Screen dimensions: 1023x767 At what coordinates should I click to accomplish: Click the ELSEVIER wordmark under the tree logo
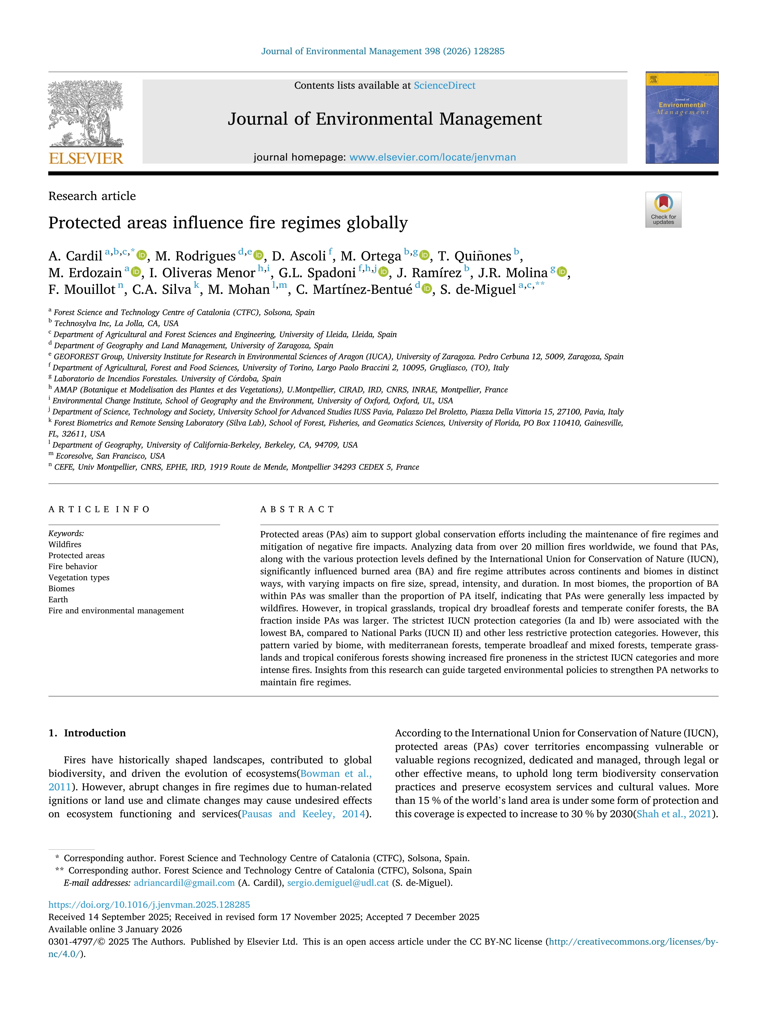coord(86,159)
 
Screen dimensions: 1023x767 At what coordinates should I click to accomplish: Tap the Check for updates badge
coord(663,209)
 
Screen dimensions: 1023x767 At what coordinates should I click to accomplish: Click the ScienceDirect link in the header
coord(444,86)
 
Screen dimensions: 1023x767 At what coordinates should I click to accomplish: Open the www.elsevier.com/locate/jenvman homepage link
coord(432,157)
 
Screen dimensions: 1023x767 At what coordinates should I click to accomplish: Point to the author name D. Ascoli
coord(299,256)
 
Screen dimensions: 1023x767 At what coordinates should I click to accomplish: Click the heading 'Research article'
coord(92,196)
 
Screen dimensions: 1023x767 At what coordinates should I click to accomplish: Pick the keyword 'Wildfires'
coord(65,544)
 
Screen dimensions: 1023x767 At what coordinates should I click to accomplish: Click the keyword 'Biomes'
coord(62,588)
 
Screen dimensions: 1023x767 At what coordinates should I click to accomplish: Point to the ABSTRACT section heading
coord(297,509)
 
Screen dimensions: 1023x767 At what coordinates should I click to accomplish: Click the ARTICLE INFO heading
coord(99,509)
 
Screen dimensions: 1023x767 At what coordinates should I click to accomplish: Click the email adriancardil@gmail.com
coord(184,883)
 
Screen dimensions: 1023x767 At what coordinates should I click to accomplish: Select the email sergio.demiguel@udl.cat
coord(338,883)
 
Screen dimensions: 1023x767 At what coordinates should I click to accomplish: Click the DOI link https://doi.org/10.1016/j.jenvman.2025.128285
coord(149,905)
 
